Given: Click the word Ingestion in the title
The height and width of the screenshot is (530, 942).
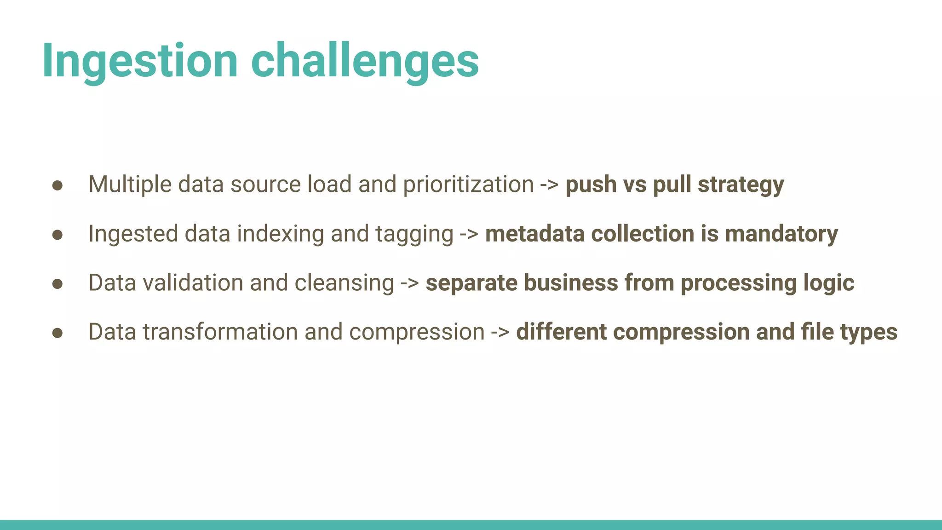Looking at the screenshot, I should pos(140,61).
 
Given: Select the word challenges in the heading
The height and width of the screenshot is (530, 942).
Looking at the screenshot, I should pos(365,61).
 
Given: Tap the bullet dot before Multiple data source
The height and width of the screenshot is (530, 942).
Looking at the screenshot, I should pos(57,185).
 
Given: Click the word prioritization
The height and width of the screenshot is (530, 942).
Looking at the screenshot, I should pos(468,184).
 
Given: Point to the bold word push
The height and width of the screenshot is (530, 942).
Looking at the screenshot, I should pos(591,184).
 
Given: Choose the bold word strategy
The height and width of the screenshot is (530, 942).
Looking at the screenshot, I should pos(741,184).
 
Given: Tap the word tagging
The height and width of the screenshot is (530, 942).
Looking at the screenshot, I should pos(414,234).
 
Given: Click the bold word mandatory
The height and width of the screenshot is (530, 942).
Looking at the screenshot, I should pos(781,234).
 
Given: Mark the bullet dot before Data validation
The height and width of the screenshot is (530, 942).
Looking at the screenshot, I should pos(57,284).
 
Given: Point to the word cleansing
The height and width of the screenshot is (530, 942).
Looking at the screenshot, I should pos(344,282).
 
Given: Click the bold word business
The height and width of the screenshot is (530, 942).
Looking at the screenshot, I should pos(571,282).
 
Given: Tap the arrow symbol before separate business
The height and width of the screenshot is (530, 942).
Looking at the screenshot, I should pos(409,283).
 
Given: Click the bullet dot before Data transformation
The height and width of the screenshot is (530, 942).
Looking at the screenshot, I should pos(57,333).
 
